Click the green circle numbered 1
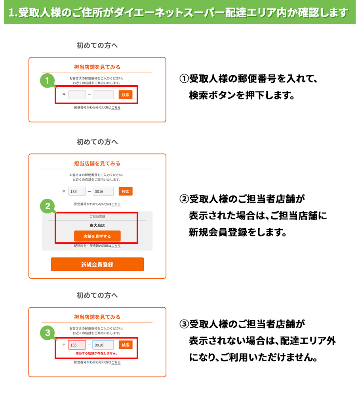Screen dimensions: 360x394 [47, 81]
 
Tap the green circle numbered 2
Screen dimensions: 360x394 [47, 206]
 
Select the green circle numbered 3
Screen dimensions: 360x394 [47, 333]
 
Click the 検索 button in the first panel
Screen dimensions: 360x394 [126, 95]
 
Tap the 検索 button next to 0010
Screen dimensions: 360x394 [126, 345]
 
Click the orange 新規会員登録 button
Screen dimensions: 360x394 [97, 265]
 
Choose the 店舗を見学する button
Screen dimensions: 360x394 [97, 236]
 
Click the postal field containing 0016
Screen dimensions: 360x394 [103, 192]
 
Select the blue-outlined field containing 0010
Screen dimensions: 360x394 [103, 345]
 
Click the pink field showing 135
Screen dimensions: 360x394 [77, 345]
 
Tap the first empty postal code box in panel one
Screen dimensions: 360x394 [77, 95]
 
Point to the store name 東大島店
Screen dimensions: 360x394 [97, 225]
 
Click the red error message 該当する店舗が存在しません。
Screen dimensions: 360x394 [97, 353]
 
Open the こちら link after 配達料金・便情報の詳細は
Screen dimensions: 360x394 [116, 246]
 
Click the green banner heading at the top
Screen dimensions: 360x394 [180, 12]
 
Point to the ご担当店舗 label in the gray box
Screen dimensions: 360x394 [97, 216]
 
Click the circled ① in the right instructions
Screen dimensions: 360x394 [184, 79]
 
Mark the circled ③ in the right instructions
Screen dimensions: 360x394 [184, 324]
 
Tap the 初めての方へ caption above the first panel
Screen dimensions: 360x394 [97, 45]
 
